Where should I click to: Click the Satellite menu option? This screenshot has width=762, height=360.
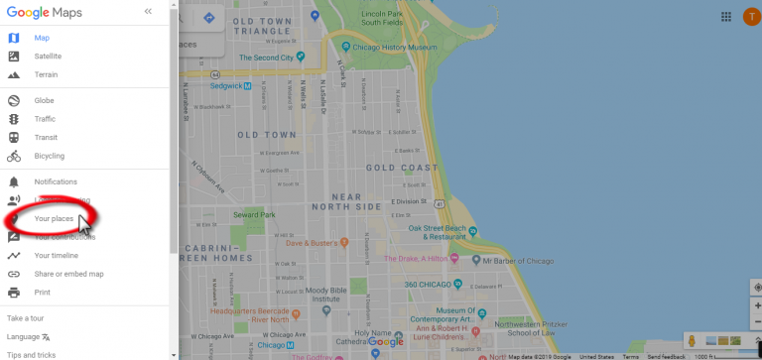point(48,57)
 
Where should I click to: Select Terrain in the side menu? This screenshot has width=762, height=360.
point(46,74)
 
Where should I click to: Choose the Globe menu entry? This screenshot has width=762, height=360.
point(44,100)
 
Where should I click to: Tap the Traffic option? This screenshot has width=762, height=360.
point(45,119)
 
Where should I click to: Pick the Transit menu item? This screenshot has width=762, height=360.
point(46,138)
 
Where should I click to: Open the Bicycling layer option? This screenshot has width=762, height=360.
point(49,156)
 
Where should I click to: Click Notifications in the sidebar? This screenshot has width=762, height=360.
point(55,181)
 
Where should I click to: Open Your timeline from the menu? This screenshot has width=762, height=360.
point(56,255)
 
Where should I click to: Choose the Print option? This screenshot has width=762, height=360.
point(42,293)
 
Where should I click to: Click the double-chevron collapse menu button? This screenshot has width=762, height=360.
point(148,12)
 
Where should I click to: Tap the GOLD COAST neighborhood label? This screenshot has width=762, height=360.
point(401,168)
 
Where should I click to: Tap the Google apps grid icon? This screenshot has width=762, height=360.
point(726,16)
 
